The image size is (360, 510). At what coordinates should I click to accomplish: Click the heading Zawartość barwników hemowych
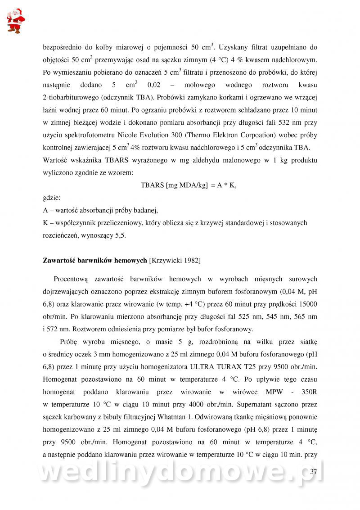95,260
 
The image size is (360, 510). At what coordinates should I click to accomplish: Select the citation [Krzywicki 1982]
175,260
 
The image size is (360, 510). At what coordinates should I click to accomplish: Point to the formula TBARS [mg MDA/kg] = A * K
189,185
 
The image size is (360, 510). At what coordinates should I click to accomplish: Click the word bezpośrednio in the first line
63,47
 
